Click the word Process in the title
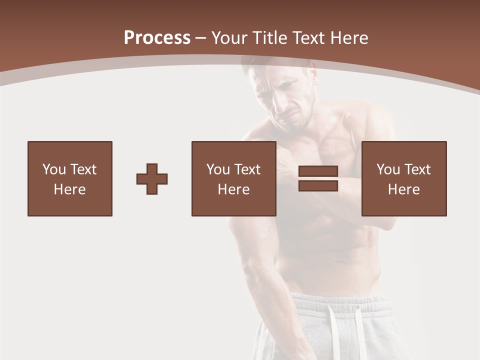(x=157, y=38)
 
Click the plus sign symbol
(x=152, y=179)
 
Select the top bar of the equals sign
(x=318, y=171)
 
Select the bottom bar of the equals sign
(x=318, y=185)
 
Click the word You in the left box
(x=54, y=169)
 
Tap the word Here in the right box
(x=404, y=189)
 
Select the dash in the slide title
(x=201, y=38)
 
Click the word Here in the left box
(x=70, y=189)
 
